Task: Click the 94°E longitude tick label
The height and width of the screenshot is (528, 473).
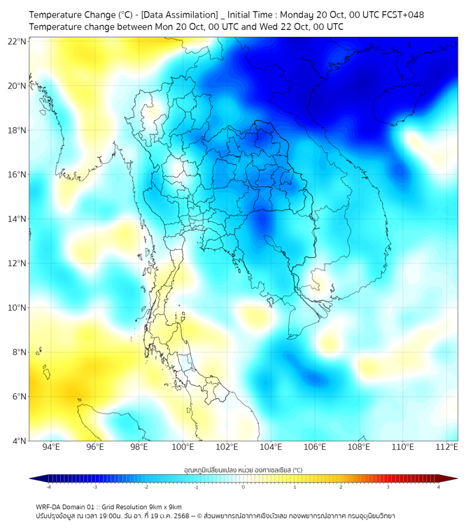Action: click(51, 447)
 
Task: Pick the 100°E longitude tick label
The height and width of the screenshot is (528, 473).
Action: click(183, 447)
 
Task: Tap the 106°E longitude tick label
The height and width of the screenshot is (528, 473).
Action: click(315, 447)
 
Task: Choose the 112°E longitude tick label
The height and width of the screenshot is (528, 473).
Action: click(447, 447)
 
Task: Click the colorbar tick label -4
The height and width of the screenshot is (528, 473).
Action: click(48, 487)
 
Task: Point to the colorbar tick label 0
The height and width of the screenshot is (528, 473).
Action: click(243, 487)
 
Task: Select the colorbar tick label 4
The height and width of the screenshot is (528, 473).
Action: click(439, 487)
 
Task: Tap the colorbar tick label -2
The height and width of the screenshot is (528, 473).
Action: click(146, 487)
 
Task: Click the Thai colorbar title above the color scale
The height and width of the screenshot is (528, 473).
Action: click(243, 470)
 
